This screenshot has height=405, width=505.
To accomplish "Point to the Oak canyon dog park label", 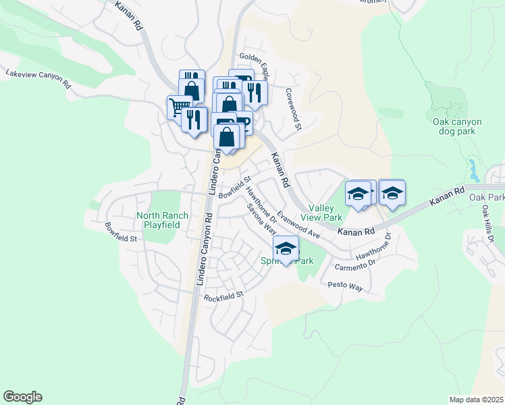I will pyautogui.click(x=457, y=126).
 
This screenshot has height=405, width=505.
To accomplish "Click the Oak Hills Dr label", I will pyautogui.click(x=488, y=225).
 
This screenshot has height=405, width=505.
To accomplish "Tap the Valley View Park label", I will pyautogui.click(x=325, y=213).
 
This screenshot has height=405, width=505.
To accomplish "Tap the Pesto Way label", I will pyautogui.click(x=346, y=286).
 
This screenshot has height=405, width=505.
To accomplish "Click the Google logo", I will pyautogui.click(x=22, y=397).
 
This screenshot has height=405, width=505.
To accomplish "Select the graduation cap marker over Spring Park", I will pyautogui.click(x=286, y=248).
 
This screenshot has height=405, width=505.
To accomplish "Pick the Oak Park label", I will pyautogui.click(x=487, y=197).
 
